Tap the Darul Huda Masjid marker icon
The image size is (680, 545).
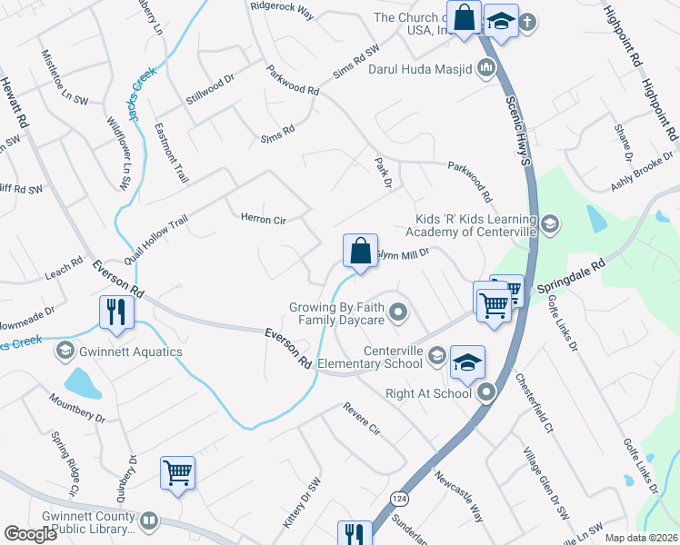[485, 67]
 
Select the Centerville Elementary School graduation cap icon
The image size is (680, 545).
[467, 362]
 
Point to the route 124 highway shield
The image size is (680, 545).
[397, 499]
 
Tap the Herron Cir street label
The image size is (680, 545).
[263, 219]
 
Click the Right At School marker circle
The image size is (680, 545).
[486, 393]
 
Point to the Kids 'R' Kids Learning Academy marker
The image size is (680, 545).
[548, 223]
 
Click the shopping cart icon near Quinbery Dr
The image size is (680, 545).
[178, 472]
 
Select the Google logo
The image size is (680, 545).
[30, 534]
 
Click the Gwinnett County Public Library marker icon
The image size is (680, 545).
[150, 521]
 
